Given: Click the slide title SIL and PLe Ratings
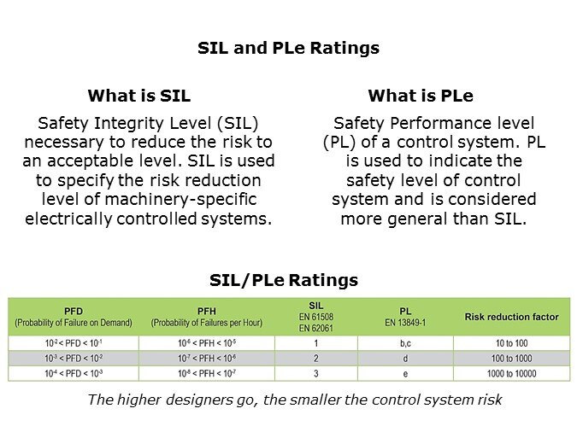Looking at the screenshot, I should tap(288, 48).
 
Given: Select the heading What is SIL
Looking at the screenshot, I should tap(138, 96).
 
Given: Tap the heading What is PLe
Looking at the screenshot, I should tap(420, 96).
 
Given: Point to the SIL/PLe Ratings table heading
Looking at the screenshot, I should tap(284, 280).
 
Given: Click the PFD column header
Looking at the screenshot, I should tap(74, 311).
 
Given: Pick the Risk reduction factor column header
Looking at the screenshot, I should tap(511, 317).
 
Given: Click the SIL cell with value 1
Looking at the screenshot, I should tap(315, 342).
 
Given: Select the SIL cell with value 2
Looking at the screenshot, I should tap(315, 358).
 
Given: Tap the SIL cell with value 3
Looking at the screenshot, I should tap(315, 373).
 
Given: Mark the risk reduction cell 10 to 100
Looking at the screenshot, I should tap(511, 342).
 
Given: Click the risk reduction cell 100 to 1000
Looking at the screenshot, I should tap(511, 358).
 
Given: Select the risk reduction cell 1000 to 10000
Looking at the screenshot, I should tap(511, 373).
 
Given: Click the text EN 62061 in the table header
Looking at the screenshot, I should tap(316, 326).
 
